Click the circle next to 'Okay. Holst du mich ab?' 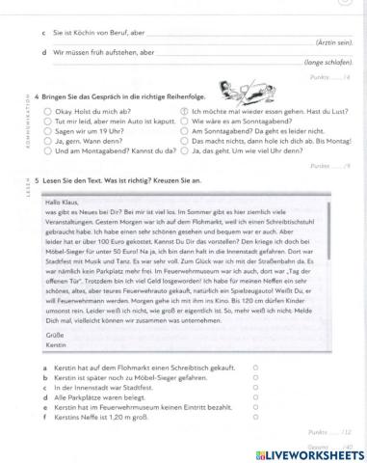click(47, 112)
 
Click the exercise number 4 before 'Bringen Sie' click(36, 97)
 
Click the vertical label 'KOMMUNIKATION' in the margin click(19, 121)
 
